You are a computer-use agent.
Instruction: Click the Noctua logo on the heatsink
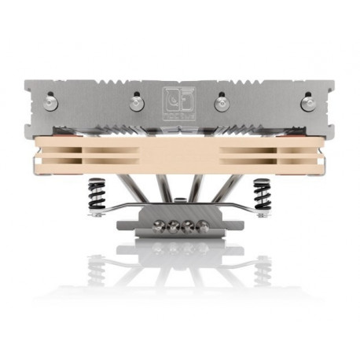tap(180, 102)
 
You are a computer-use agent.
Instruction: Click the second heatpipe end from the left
tap(173, 226)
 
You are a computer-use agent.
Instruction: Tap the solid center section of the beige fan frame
tap(180, 154)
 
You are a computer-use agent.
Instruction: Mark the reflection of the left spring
tap(97, 267)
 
